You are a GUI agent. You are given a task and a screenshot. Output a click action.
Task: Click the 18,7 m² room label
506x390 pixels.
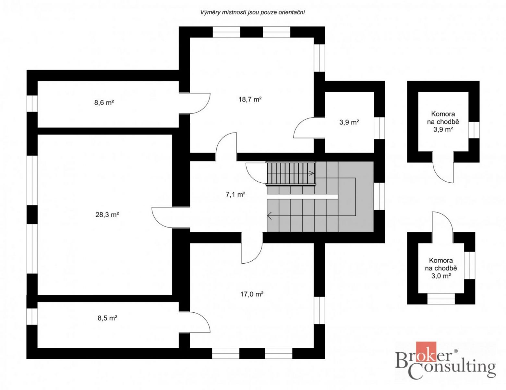tap(250, 99)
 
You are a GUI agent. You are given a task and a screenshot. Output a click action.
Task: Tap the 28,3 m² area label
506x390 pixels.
tap(107, 214)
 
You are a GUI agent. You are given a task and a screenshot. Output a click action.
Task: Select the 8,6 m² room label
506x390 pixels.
tap(104, 103)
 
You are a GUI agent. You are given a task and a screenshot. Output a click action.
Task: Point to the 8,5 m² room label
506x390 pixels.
tap(107, 318)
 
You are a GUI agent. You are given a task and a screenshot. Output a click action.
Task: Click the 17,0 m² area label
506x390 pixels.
tap(252, 294)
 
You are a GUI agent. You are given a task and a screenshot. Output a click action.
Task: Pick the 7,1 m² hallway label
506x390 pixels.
tap(235, 194)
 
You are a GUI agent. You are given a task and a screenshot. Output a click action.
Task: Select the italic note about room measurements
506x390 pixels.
tap(253, 13)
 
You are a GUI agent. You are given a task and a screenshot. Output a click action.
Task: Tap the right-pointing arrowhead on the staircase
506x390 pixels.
tap(312, 173)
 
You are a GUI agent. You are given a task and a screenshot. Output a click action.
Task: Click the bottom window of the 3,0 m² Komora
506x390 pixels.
tap(441, 299)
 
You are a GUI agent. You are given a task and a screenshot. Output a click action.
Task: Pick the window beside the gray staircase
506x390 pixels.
tap(379, 196)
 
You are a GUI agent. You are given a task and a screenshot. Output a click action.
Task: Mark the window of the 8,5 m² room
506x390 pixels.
tap(32, 317)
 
